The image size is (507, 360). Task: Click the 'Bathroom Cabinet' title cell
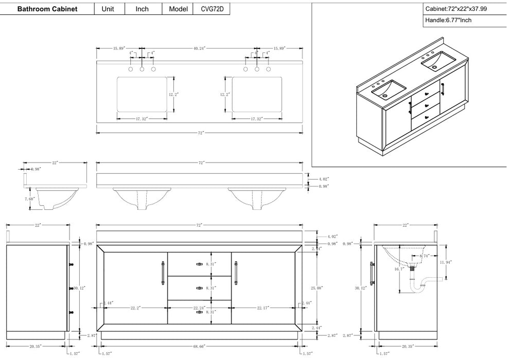pos(47,9)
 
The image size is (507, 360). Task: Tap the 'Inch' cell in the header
pos(142,9)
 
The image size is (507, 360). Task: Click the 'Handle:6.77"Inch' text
pos(448,21)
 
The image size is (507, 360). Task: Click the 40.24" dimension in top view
pos(199,48)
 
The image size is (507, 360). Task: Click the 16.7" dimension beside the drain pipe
pos(398,268)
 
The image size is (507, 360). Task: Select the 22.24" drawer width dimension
pos(199,308)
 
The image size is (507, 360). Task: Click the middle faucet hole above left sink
pos(142,69)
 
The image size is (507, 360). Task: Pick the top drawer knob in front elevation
pos(199,264)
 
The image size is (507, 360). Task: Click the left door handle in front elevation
pos(163,273)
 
